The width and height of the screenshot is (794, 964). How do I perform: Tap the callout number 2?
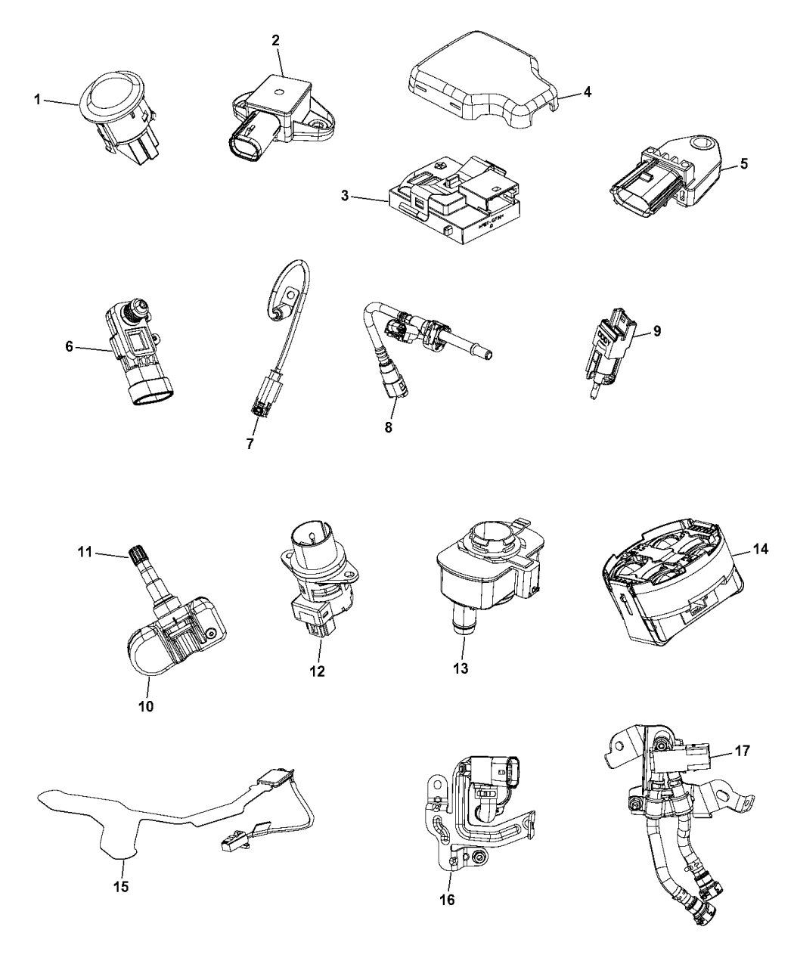pos(277,39)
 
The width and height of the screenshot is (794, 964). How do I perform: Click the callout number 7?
pos(250,444)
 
